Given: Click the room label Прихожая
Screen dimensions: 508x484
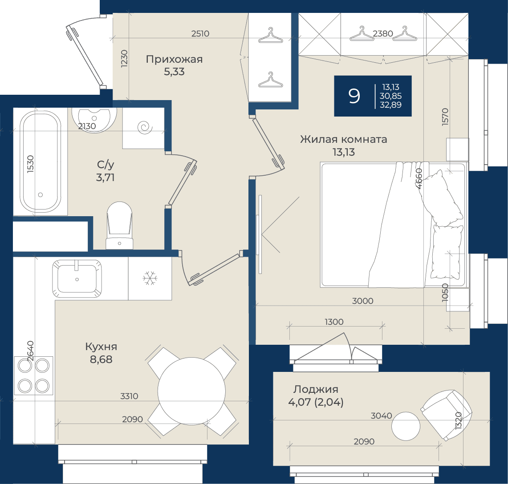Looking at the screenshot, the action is pos(174,59).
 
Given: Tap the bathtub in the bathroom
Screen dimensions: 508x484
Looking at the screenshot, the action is pos(41,161).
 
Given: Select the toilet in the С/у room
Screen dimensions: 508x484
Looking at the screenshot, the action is pos(120,226).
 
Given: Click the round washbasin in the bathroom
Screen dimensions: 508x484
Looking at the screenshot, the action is pos(94,120).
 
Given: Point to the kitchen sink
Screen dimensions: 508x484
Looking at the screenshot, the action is pos(77,278).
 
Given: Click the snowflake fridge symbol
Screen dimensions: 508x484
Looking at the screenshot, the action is pos(150,278).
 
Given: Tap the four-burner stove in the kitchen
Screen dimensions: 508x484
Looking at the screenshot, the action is pos(33,375).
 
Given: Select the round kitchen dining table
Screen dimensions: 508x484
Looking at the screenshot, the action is pos(191,391).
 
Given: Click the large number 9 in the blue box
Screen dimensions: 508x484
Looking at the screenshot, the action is pos(354,96).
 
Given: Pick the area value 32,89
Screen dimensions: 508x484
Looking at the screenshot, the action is pos(391,105).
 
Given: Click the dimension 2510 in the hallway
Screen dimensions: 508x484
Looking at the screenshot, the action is pos(200,33).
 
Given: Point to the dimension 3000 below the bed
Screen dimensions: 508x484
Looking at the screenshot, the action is pos(362,301).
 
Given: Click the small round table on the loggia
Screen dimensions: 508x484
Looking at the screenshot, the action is pos(406,426).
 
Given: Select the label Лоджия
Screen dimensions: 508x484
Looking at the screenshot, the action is pos(316,389).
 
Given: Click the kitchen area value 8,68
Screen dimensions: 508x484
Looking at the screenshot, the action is pos(101,359).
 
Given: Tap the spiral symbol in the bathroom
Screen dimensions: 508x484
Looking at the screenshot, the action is pos(145,128).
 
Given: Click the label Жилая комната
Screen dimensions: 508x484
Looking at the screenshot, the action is pos(343,139).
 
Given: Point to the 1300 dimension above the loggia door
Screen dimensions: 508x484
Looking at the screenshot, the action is pos(334,322).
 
